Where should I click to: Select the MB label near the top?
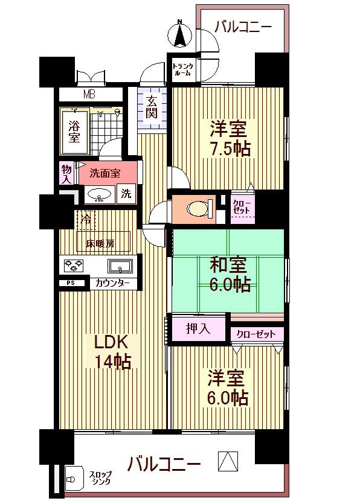tap(89, 94)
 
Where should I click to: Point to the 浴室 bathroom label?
tap(74, 132)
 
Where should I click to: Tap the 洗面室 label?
tap(104, 173)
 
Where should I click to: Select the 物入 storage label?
tap(66, 174)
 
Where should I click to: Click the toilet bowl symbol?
tap(198, 208)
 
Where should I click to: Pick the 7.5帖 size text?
tap(230, 148)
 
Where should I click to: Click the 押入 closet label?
tap(198, 329)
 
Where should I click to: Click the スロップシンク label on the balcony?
tap(100, 478)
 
